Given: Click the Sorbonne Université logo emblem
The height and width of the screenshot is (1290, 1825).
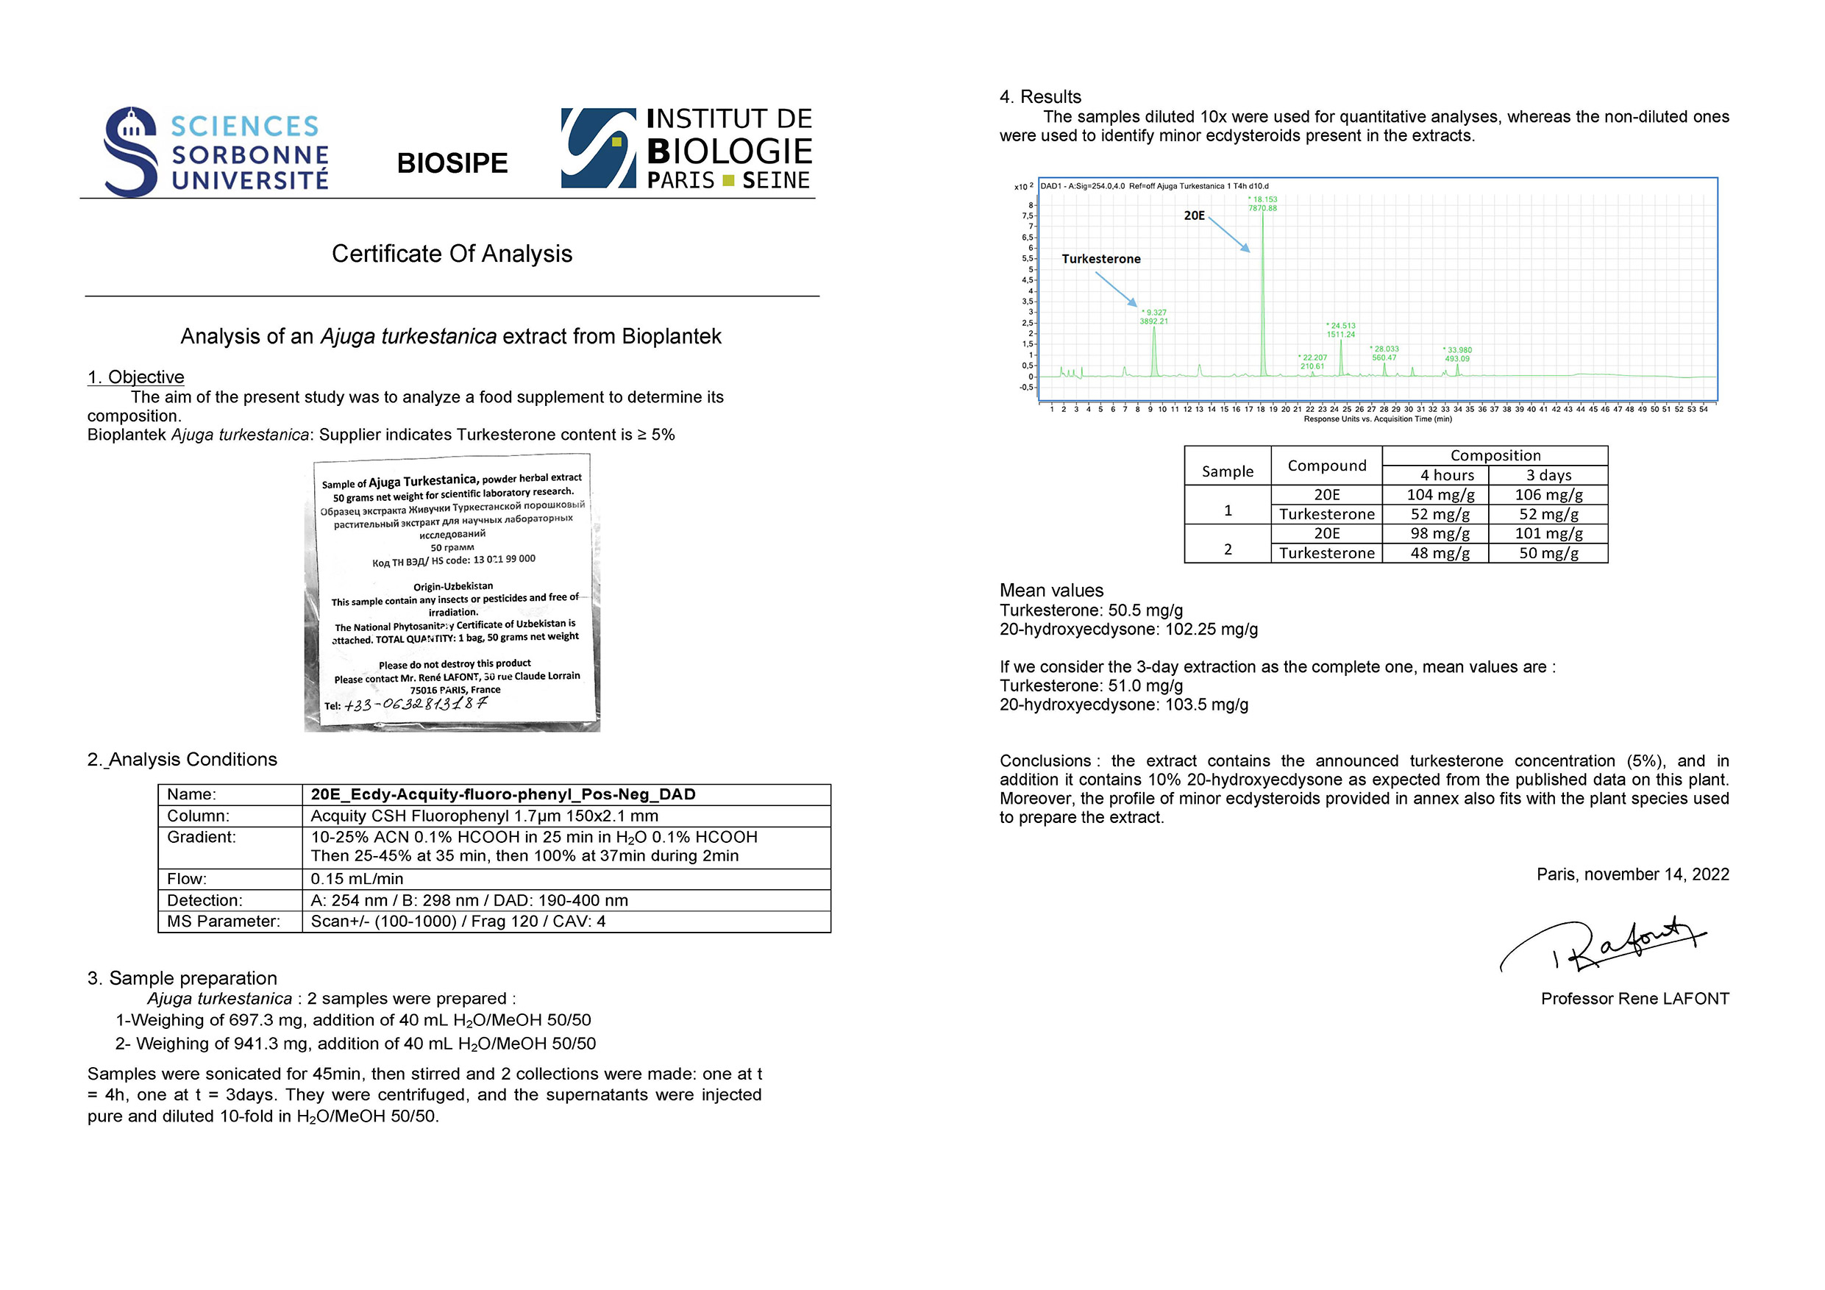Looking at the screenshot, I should [130, 151].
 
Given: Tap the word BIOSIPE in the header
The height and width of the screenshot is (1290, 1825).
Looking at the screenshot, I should [452, 163].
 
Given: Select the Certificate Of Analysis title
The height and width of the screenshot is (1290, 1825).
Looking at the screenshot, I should [452, 254].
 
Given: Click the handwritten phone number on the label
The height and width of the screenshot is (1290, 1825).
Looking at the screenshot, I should [415, 705].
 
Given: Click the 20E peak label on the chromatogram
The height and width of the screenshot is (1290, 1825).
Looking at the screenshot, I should [1194, 215].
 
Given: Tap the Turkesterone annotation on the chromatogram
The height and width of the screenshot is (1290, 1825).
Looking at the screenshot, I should [1101, 259].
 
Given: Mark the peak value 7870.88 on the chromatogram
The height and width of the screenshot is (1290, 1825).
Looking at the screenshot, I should [1262, 208].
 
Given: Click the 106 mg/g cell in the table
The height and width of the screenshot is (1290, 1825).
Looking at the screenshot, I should [1548, 494].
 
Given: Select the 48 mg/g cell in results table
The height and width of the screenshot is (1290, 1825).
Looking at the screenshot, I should [1440, 553].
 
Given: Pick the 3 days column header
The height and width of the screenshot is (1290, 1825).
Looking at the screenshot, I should [1548, 475].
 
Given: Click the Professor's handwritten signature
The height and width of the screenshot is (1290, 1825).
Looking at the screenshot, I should [1606, 946].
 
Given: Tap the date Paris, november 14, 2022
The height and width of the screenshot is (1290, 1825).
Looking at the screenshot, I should [1633, 874].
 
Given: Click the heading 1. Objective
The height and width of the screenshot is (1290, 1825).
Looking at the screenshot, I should [136, 377].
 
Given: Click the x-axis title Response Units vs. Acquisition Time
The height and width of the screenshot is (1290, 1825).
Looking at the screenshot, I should [1378, 419].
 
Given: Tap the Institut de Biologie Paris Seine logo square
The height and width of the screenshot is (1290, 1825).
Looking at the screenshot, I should [599, 148].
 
